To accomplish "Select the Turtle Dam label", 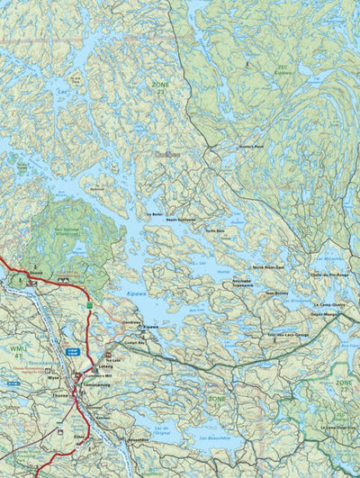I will click(x=214, y=230).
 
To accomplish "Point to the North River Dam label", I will click(x=267, y=267).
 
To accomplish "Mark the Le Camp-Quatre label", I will click(x=329, y=305).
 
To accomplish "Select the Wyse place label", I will click(x=53, y=379).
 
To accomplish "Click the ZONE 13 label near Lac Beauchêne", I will click(x=216, y=401).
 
